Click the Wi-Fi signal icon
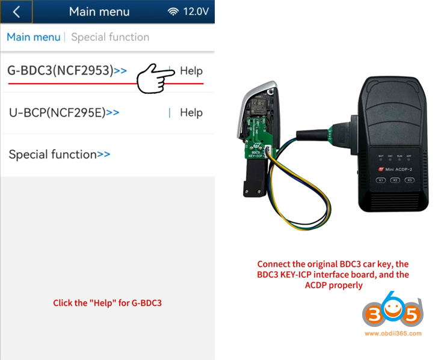click(173, 11)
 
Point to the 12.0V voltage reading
click(196, 11)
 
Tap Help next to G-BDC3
click(191, 71)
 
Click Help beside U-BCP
click(191, 112)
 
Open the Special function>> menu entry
click(59, 154)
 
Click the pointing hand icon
click(155, 78)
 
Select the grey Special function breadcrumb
click(110, 37)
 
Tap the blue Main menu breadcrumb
click(33, 37)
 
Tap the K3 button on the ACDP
click(410, 180)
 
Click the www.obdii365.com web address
click(393, 334)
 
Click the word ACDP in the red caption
click(316, 285)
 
